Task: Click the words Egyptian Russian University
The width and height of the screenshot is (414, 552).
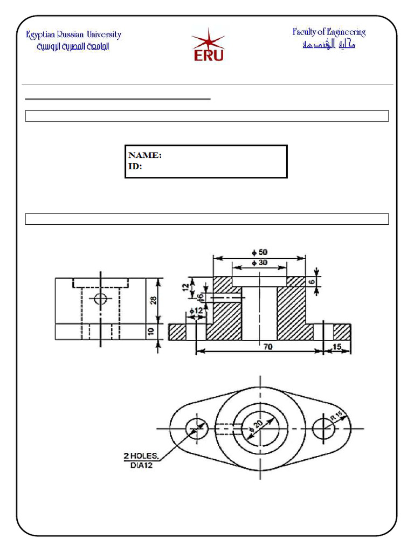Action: pyautogui.click(x=74, y=35)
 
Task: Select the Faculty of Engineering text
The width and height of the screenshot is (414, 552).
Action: pyautogui.click(x=329, y=32)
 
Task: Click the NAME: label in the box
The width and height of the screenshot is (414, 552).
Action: pyautogui.click(x=144, y=155)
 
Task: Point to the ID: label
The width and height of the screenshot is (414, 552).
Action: pyautogui.click(x=135, y=167)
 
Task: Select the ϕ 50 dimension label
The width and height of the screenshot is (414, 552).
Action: pyautogui.click(x=259, y=252)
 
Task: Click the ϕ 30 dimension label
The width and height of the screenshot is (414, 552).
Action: pyautogui.click(x=259, y=263)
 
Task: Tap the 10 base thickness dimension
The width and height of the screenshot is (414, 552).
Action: pyautogui.click(x=151, y=331)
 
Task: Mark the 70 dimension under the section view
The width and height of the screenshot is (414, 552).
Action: pyautogui.click(x=268, y=348)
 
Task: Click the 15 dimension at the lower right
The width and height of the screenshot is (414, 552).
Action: pyautogui.click(x=337, y=348)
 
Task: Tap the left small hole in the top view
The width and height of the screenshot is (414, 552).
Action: pyautogui.click(x=196, y=429)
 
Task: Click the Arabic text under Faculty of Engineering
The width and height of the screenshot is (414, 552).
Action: pyautogui.click(x=328, y=45)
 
